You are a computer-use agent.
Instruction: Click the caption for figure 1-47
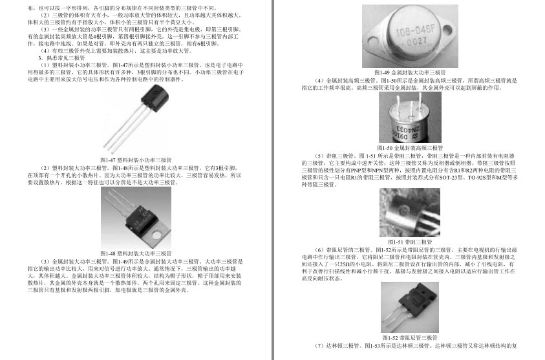coord(136,159)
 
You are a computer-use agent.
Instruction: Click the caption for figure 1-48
coord(136,253)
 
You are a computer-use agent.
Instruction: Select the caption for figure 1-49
coord(411,72)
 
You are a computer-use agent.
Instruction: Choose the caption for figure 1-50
coord(411,148)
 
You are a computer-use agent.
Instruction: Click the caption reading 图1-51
coord(411,241)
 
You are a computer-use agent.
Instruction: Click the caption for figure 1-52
coord(411,337)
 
